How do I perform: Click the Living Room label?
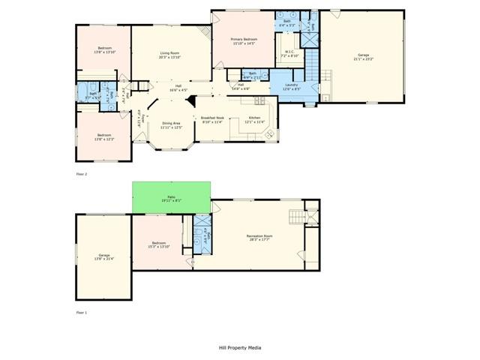pos(169,55)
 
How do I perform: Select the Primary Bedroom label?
pos(244,41)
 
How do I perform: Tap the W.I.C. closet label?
pos(289,53)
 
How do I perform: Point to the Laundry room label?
pos(292,87)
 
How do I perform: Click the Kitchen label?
pos(254,121)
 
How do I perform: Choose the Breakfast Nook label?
pos(212,121)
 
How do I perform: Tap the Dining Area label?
pos(171,125)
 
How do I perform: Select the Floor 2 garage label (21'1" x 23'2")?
pos(363,58)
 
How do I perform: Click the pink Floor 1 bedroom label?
pos(159,244)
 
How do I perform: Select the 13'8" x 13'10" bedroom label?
pos(103,50)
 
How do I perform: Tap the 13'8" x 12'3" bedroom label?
pos(103,137)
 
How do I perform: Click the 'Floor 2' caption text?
pos(82,174)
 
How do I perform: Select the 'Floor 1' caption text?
pos(82,311)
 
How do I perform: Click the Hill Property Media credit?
pos(240,347)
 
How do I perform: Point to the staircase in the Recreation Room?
pos(301,217)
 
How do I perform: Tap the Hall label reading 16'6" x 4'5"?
pos(178,88)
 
